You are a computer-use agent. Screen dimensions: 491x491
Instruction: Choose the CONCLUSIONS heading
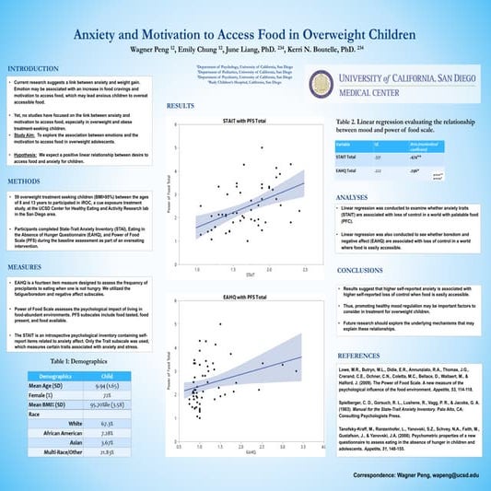pyautogui.click(x=360, y=270)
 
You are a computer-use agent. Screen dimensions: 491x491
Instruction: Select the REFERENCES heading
pyautogui.click(x=358, y=354)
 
